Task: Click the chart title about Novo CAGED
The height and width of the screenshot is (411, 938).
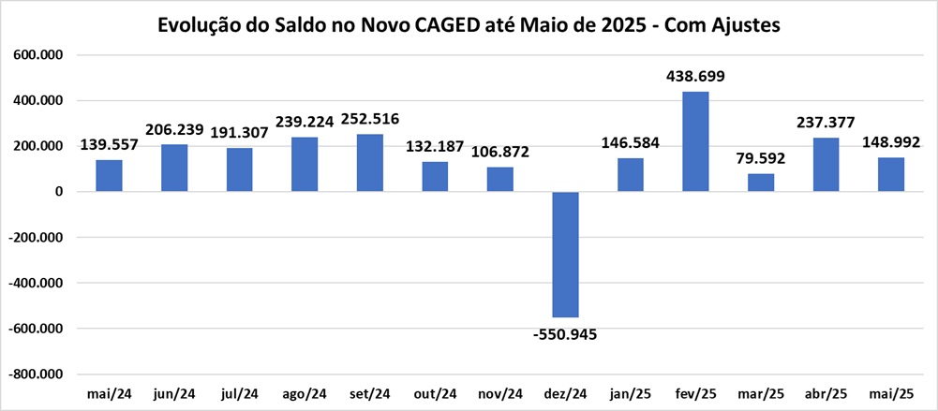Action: tap(469, 27)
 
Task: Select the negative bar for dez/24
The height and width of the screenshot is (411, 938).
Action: tap(565, 255)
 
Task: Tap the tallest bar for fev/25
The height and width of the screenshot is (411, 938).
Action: tap(695, 141)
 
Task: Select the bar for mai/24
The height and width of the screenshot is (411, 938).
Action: tap(109, 176)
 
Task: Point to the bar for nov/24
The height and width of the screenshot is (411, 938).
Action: tap(499, 180)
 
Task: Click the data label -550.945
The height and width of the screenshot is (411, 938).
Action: tap(564, 334)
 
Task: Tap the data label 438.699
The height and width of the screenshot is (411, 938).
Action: tap(695, 76)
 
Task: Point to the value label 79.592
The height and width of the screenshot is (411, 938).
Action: tap(761, 157)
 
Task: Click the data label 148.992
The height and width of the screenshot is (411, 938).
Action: tap(889, 142)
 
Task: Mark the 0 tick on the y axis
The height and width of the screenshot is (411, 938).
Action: tap(57, 192)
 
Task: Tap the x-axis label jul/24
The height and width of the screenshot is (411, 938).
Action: tap(239, 393)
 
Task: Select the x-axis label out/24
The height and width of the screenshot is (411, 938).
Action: tap(435, 393)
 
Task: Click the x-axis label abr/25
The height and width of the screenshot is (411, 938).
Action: tap(826, 393)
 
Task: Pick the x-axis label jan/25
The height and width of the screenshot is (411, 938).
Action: tap(630, 393)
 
